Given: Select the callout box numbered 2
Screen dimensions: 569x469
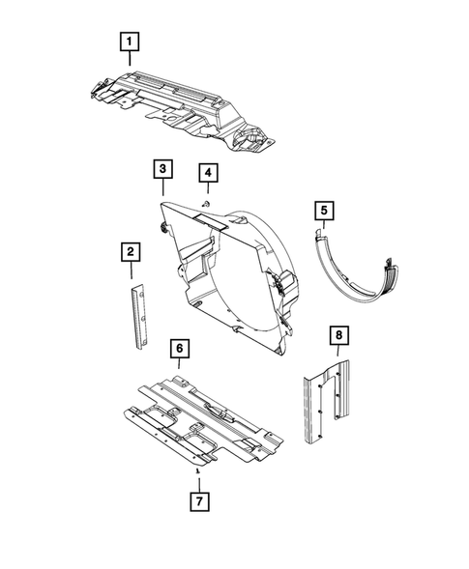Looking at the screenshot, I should point(130,253).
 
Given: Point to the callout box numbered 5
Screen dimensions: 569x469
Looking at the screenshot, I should point(324,210).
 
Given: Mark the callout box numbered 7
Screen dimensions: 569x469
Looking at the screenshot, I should point(198,502).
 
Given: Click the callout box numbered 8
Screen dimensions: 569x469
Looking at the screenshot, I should point(338,336).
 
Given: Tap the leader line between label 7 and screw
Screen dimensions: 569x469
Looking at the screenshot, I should point(198,482).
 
